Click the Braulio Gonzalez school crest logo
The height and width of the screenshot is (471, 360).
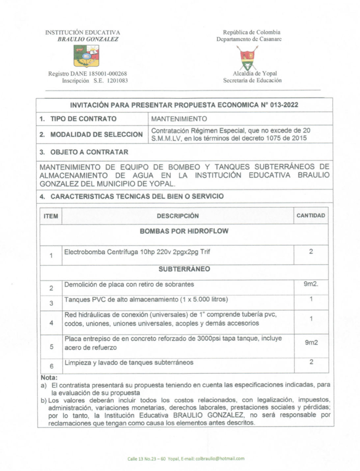[86, 56]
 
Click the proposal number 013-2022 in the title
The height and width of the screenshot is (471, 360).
[284, 105]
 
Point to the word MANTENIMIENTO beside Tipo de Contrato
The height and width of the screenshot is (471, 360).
[179, 119]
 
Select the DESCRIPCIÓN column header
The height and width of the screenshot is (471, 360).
[178, 216]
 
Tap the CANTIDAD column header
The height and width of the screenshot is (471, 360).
[311, 216]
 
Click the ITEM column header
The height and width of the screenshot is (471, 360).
[51, 216]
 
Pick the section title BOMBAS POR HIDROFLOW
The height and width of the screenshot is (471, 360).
[184, 231]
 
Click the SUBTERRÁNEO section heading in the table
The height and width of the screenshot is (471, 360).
[184, 269]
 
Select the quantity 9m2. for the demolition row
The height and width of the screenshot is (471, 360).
[311, 284]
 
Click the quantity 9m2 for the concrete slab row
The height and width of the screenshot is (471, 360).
[311, 343]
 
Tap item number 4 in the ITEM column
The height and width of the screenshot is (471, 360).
[51, 323]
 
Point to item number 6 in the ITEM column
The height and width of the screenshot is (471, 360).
[51, 366]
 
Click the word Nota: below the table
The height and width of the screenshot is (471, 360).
[49, 378]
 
